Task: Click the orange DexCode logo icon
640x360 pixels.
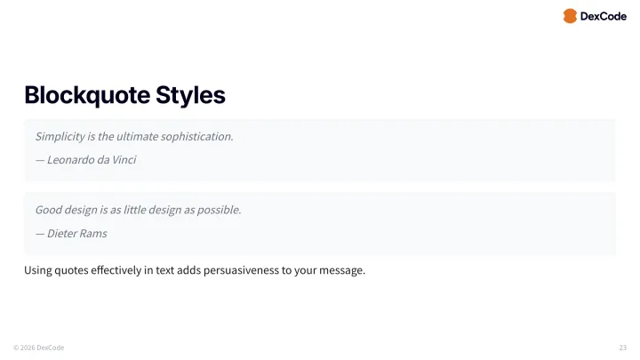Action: [570, 16]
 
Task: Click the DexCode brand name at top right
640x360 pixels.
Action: [603, 16]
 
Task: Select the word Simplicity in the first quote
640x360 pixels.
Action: [60, 137]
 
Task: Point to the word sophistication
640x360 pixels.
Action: [198, 137]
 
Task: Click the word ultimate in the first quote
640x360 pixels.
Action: [133, 137]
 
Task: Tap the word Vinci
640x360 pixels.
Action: [123, 160]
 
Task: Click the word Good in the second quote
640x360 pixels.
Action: [49, 210]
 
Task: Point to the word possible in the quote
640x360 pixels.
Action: [219, 210]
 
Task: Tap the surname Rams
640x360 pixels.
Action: [95, 233]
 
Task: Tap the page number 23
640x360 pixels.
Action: [622, 347]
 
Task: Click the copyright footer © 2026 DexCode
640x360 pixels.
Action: [38, 347]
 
